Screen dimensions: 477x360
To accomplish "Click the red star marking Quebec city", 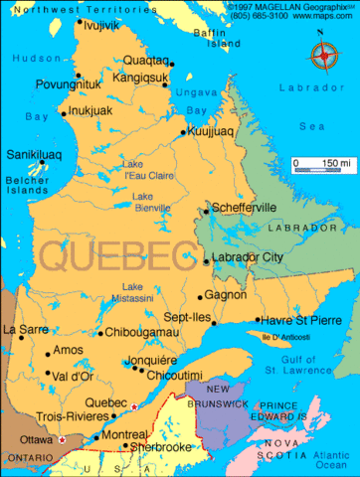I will pyautogui.click(x=133, y=406).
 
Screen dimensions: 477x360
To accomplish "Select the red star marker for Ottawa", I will pyautogui.click(x=62, y=439).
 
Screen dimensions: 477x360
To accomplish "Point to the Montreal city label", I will pyautogui.click(x=125, y=435).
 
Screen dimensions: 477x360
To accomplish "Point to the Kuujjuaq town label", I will pyautogui.click(x=217, y=130).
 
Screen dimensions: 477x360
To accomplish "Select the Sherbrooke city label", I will pyautogui.click(x=158, y=447).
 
